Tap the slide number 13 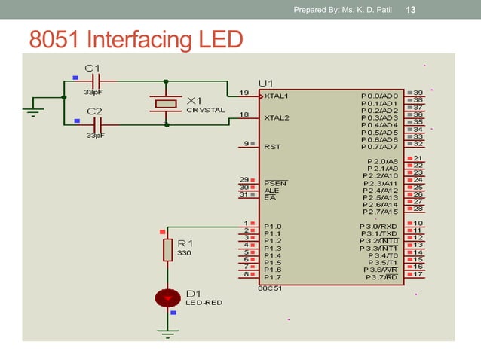pos(412,10)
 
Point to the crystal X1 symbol pos(165,102)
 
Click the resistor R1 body pos(167,251)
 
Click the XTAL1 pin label pos(277,96)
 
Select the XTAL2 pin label pos(277,118)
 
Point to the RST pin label pos(271,146)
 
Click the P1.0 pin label pos(272,226)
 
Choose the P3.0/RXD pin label pos(379,226)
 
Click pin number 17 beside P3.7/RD pos(418,274)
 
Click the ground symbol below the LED pos(167,331)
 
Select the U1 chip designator pos(265,82)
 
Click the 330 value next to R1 pos(184,253)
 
